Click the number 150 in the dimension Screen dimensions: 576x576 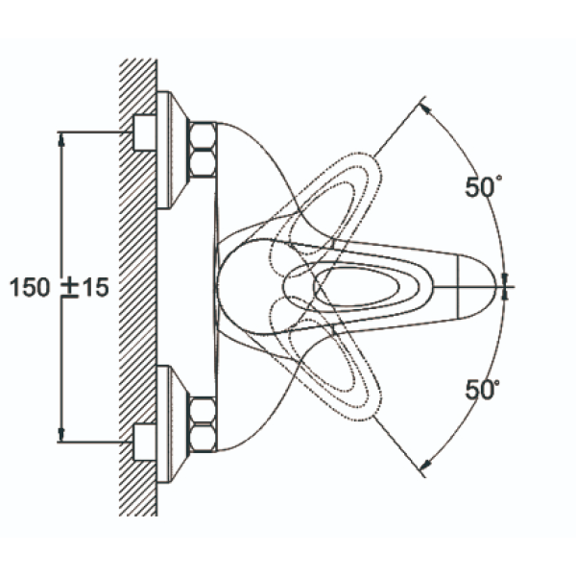[30, 287]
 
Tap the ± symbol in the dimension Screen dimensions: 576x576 [69, 288]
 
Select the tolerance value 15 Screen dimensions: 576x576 [95, 287]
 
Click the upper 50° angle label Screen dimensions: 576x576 [483, 186]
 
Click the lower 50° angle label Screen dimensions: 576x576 [482, 390]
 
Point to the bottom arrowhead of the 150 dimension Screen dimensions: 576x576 [61, 435]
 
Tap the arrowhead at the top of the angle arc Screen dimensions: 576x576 [424, 109]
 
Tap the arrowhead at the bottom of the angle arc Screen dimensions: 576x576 [425, 465]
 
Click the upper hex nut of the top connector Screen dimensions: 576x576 [203, 136]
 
